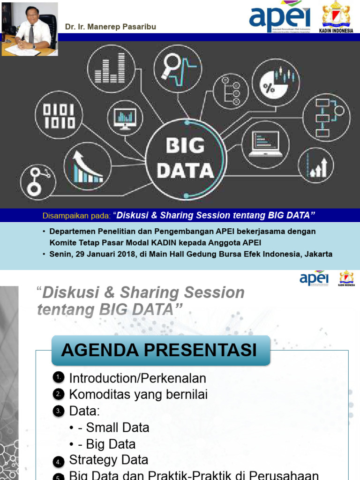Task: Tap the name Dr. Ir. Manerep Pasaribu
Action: tap(111, 27)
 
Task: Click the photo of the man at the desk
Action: tap(30, 29)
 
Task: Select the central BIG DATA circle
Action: tap(185, 158)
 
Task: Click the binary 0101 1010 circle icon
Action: tap(59, 116)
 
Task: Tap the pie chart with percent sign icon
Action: tap(277, 82)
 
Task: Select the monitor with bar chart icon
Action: tap(125, 118)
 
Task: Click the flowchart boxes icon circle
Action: tap(326, 117)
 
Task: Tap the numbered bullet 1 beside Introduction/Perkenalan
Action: tap(58, 378)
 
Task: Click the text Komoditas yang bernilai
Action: tap(138, 394)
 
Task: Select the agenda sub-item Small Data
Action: tap(118, 427)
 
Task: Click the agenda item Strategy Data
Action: tap(109, 460)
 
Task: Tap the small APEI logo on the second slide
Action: tap(314, 278)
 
